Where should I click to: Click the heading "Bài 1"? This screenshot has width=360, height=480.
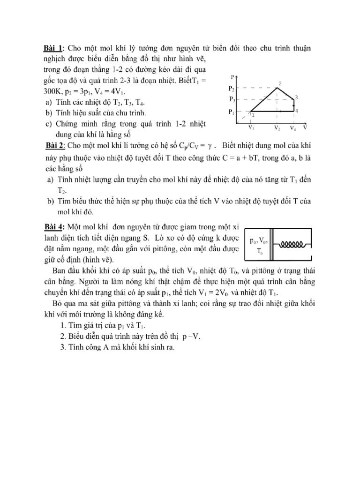tap(54, 48)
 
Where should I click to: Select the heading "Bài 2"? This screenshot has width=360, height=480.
tap(55, 144)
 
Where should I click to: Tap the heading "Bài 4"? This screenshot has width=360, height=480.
tap(54, 226)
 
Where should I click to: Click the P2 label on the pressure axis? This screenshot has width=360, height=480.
tap(231, 88)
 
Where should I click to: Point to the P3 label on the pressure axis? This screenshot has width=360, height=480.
tap(232, 99)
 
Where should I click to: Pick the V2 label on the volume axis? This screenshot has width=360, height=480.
tap(277, 127)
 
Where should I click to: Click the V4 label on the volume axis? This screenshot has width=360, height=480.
tap(293, 127)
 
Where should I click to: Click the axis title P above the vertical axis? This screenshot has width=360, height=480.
tap(233, 76)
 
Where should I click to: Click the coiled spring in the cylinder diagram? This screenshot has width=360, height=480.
tap(293, 244)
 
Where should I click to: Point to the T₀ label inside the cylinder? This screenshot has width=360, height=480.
tap(259, 251)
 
